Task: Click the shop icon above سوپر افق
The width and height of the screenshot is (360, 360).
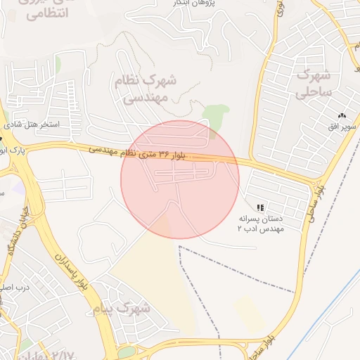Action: tap(342, 115)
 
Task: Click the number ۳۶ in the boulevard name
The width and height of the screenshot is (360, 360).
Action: tap(163, 153)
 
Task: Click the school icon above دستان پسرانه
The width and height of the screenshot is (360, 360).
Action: tap(260, 207)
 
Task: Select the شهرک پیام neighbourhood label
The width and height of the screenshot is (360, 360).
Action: tap(122, 308)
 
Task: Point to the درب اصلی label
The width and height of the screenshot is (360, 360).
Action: tap(15, 288)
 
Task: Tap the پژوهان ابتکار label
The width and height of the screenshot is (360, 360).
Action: tap(197, 4)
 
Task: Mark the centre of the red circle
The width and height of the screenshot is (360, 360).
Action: tap(180, 179)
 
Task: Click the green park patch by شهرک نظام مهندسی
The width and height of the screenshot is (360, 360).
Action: tap(216, 115)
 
